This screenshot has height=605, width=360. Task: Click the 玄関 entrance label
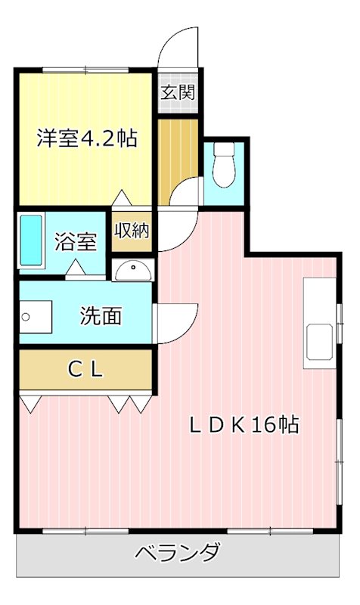178,93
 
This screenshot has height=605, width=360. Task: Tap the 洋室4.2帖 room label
88,138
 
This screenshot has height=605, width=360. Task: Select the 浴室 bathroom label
76,242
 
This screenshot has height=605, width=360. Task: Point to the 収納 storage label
131,231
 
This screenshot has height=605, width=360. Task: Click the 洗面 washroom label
101,315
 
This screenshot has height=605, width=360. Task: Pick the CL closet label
85,369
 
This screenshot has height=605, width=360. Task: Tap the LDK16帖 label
244,424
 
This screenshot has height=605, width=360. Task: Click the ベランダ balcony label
178,553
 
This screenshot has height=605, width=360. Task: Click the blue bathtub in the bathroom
31,240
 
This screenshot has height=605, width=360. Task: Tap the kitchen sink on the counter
318,341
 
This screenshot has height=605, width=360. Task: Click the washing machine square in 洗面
35,315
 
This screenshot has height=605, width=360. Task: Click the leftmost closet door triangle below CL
29,403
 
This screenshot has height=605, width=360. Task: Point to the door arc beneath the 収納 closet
173,231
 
